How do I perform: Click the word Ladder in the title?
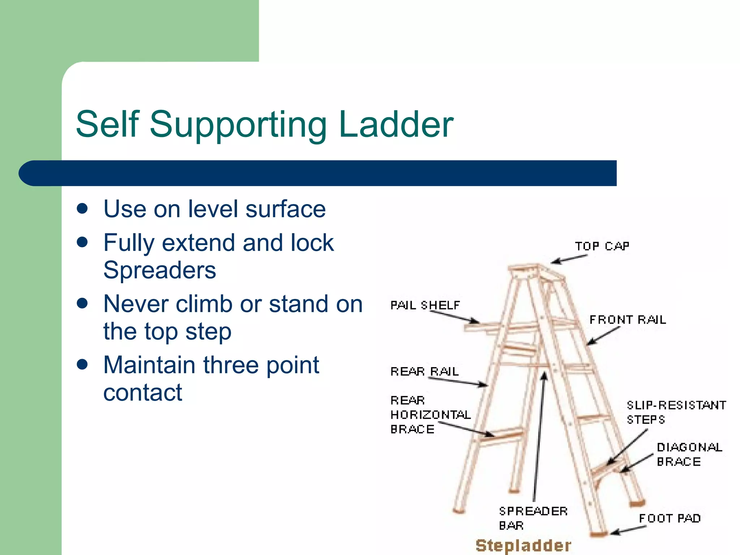pos(396,124)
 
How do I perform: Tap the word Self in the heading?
pos(108,124)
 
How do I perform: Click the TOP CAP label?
pos(602,246)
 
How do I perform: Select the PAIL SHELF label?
pos(425,306)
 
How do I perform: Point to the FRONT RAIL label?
pos(628,320)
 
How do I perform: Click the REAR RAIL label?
pos(425,371)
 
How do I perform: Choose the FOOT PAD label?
pos(670,519)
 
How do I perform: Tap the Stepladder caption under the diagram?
pos(524,545)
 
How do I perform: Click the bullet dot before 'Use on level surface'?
pos(83,209)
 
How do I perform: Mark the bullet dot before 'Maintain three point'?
pos(83,365)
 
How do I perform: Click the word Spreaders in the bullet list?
pos(160,270)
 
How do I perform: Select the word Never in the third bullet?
pos(135,304)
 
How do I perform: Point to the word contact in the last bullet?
pos(143,392)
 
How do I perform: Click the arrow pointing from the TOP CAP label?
pos(569,259)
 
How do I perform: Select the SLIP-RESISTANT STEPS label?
pos(676,412)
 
